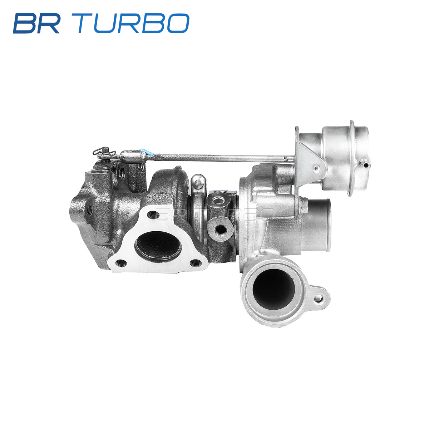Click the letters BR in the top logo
(x=37, y=23)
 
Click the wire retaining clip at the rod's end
(x=104, y=152)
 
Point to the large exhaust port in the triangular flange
(x=158, y=246)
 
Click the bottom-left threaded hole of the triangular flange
(x=121, y=263)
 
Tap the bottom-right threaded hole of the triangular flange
(x=196, y=263)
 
